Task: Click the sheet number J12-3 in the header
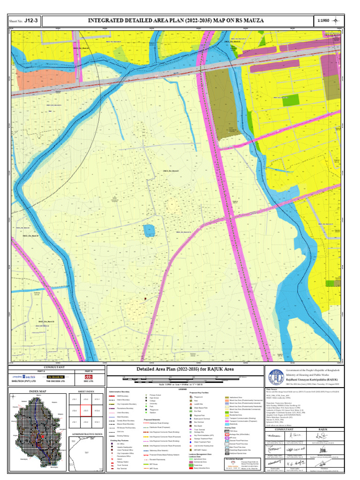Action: (x=31, y=21)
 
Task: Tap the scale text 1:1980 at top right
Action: (x=323, y=21)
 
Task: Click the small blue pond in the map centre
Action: (x=149, y=230)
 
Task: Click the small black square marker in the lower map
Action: (x=145, y=298)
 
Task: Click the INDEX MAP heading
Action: (x=37, y=391)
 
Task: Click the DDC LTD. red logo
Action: (x=88, y=376)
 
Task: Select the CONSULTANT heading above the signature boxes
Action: (x=284, y=429)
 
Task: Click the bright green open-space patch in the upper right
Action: (x=292, y=99)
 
